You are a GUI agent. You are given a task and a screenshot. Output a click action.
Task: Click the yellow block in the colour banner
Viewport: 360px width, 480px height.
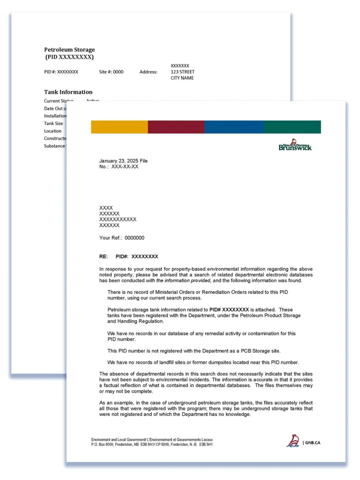click(120, 127)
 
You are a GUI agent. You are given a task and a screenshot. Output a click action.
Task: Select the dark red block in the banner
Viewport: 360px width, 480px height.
click(176, 127)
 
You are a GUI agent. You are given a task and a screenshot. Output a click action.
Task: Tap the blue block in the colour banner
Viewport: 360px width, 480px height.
click(234, 127)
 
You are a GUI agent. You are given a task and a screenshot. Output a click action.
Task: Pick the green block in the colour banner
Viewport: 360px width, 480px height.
click(292, 127)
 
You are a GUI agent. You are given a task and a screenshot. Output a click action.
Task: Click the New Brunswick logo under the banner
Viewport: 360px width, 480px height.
click(295, 145)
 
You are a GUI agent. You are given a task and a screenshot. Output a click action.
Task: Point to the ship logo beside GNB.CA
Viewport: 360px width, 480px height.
click(293, 441)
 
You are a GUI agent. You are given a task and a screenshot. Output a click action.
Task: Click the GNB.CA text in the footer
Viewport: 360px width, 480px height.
click(313, 442)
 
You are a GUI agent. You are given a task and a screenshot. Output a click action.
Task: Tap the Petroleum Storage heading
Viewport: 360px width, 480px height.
click(69, 50)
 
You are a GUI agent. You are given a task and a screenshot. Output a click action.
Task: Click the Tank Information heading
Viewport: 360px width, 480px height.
click(68, 92)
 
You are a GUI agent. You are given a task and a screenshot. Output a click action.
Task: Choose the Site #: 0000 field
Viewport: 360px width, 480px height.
click(112, 72)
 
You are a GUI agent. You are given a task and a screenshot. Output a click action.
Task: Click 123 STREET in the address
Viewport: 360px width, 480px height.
click(182, 72)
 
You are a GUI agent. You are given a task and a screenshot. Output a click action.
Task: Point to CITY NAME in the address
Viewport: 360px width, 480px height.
click(182, 78)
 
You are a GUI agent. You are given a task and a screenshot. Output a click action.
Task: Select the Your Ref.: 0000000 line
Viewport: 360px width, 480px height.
click(122, 238)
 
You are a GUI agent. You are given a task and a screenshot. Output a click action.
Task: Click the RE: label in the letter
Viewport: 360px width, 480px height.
click(104, 256)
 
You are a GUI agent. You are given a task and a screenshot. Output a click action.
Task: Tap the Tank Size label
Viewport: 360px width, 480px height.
click(53, 124)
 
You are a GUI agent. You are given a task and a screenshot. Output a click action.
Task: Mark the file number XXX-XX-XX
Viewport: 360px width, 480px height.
click(125, 166)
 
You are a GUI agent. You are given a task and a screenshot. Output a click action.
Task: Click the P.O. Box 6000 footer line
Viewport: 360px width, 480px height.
click(152, 444)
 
